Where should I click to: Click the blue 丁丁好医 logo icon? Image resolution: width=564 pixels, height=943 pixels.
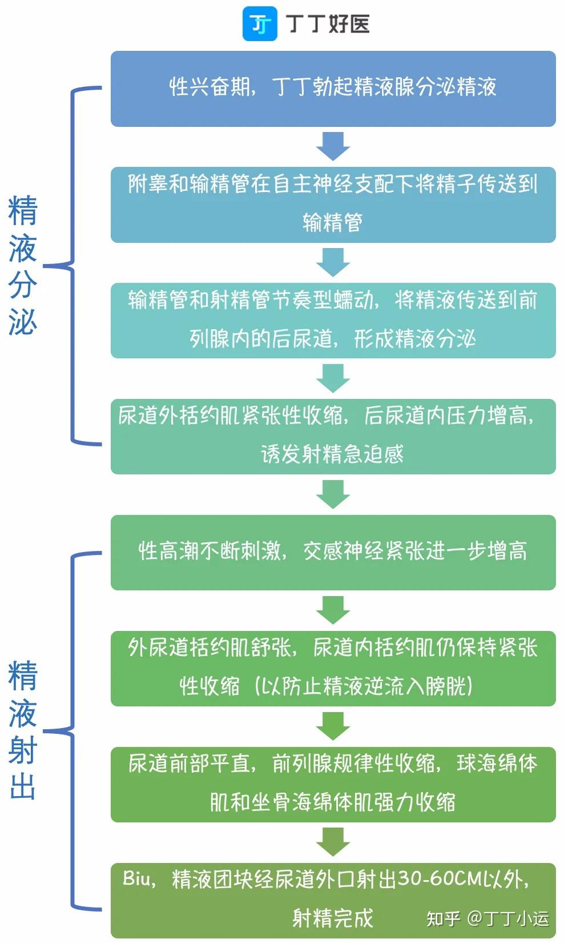[x=260, y=23]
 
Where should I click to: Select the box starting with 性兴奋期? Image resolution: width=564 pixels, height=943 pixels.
[x=333, y=89]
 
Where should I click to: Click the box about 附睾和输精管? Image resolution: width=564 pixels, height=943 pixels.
[x=333, y=205]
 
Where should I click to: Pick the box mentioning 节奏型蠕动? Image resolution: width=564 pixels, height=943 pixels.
[x=333, y=321]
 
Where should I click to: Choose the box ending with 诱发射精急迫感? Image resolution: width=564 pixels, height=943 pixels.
[x=333, y=437]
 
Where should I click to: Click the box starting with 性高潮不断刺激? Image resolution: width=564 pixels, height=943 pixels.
[x=333, y=552]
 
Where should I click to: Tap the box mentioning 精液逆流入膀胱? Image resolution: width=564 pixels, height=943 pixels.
[x=333, y=669]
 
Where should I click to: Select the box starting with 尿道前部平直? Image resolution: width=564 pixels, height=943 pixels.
[x=333, y=784]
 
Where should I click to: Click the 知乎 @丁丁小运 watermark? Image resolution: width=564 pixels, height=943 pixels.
[x=488, y=919]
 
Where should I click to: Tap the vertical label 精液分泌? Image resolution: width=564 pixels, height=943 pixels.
[x=23, y=265]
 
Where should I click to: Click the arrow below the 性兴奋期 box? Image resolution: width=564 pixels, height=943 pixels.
[x=333, y=146]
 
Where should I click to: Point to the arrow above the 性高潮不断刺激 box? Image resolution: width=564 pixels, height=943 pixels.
[x=333, y=494]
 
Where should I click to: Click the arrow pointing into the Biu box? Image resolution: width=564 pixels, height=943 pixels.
[x=333, y=842]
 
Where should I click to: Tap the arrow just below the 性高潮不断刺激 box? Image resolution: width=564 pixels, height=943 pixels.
[x=333, y=610]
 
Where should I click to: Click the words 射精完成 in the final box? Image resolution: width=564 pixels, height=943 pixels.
[x=332, y=918]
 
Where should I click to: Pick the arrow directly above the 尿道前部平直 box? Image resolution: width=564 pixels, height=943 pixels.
[x=333, y=726]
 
